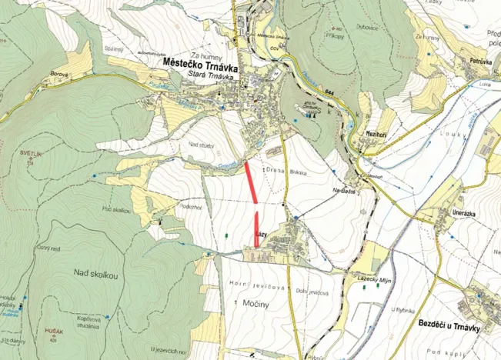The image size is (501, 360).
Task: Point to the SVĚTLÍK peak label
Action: click(x=29, y=154)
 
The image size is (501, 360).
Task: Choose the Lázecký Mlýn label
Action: click(x=376, y=282)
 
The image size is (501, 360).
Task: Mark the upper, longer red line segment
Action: click(x=251, y=182)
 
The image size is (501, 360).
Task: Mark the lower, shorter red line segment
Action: click(x=256, y=229)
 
